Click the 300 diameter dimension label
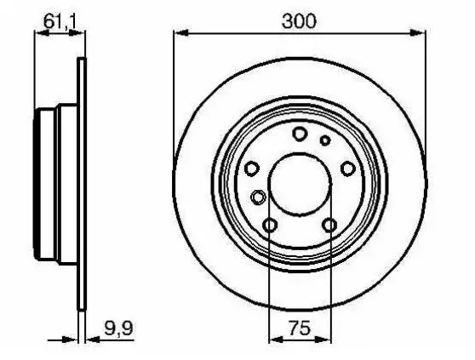(299, 21)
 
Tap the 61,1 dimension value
(60, 21)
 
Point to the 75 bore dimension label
(300, 328)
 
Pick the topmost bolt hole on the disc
(300, 134)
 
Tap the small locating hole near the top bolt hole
(325, 140)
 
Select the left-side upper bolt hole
(251, 169)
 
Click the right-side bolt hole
(348, 169)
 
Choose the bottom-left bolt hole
(270, 226)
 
